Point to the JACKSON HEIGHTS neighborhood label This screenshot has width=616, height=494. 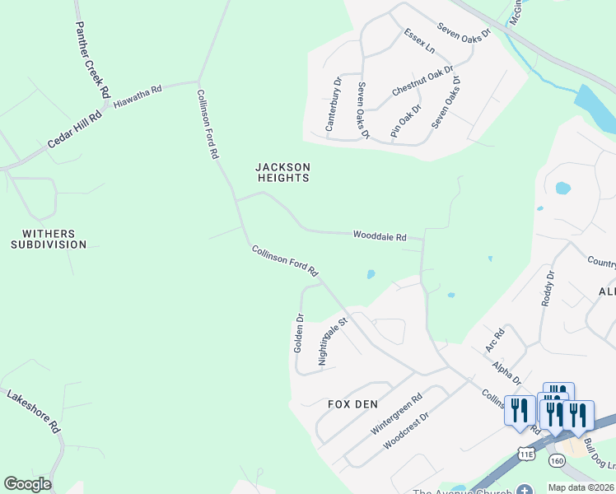tap(282, 172)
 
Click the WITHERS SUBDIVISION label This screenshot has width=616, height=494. tap(49, 239)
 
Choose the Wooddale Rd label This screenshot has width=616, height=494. tap(380, 236)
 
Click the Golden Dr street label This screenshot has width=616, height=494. tap(300, 333)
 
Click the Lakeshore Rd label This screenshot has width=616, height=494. tap(35, 412)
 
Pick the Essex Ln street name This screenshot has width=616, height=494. tap(419, 41)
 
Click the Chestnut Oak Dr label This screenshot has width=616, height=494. tap(422, 82)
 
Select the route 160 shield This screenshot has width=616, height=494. tap(559, 459)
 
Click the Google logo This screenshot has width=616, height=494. tap(27, 484)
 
